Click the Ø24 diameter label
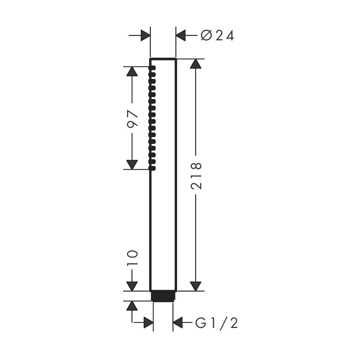[x=217, y=36]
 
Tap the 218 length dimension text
[x=196, y=176]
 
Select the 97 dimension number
[x=132, y=118]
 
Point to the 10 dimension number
[x=132, y=258]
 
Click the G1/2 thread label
[x=216, y=323]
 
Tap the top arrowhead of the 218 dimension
[x=195, y=64]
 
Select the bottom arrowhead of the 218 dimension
[x=195, y=286]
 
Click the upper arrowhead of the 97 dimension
[x=132, y=71]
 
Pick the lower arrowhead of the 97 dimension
[x=132, y=165]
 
